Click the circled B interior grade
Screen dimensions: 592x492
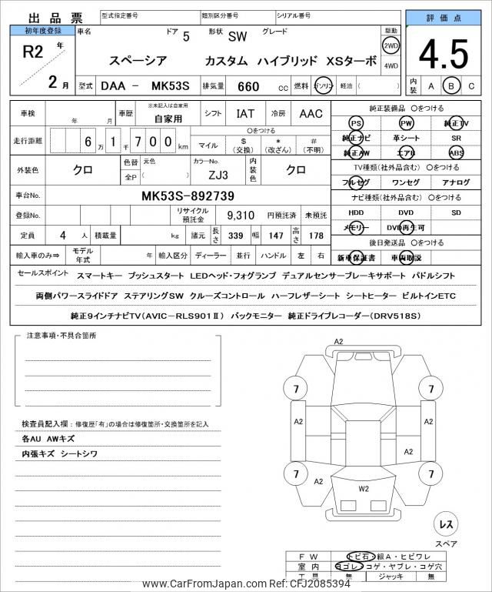point(452,86)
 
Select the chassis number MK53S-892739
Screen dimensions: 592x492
point(188,196)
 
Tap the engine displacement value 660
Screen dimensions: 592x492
point(249,87)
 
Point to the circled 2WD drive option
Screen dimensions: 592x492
point(391,45)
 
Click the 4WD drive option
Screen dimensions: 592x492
point(391,65)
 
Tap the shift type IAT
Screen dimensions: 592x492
point(245,114)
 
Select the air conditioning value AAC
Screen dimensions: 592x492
point(311,114)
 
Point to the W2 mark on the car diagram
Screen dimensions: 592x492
point(364,488)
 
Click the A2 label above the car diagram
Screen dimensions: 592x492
point(339,341)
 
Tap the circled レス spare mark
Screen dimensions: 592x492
point(445,524)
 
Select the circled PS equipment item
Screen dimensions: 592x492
point(356,124)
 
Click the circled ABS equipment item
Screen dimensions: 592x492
point(456,152)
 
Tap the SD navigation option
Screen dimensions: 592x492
point(456,212)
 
